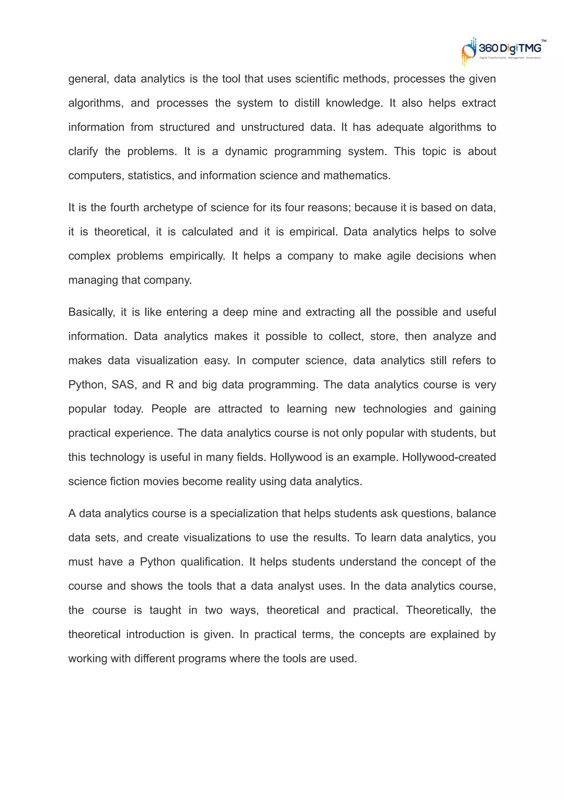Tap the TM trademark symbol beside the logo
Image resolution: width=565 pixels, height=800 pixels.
coord(543,41)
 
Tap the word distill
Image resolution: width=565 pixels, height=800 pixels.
coord(307,103)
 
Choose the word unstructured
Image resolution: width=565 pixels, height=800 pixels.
coord(272,127)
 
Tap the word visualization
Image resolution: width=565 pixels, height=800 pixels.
coord(167,361)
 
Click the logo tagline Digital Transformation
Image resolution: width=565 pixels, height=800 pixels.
coord(492,58)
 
